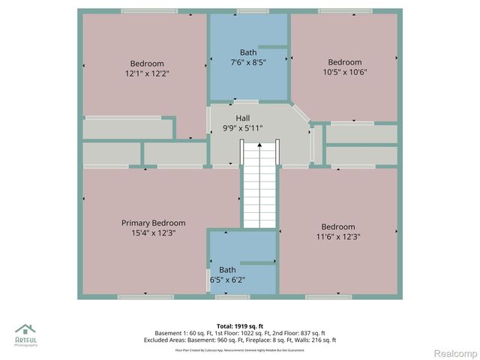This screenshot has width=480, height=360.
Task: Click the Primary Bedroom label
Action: point(153,223)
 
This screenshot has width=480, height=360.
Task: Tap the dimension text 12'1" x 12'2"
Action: point(147,73)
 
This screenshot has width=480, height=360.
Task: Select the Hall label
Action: point(243,118)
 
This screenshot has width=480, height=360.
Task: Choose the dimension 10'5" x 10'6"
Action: point(344,72)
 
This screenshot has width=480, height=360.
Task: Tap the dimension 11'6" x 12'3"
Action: point(337,236)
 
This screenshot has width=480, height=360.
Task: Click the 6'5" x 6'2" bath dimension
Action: point(227,280)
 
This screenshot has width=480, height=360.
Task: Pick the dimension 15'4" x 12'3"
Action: point(153,232)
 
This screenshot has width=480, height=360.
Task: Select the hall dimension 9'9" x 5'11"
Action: point(243,128)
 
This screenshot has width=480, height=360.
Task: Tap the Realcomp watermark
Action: point(456,352)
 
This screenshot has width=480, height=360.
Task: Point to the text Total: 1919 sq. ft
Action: point(239,325)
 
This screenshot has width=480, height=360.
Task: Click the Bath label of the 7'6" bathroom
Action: point(248,52)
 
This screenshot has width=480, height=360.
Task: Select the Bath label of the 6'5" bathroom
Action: point(227,270)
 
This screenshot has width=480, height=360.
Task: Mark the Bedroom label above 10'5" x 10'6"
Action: point(344,62)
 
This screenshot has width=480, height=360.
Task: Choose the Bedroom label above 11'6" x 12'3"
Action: point(337,226)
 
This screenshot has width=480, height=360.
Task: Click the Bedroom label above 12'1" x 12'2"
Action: point(147,64)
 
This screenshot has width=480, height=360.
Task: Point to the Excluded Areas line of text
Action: point(239,340)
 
